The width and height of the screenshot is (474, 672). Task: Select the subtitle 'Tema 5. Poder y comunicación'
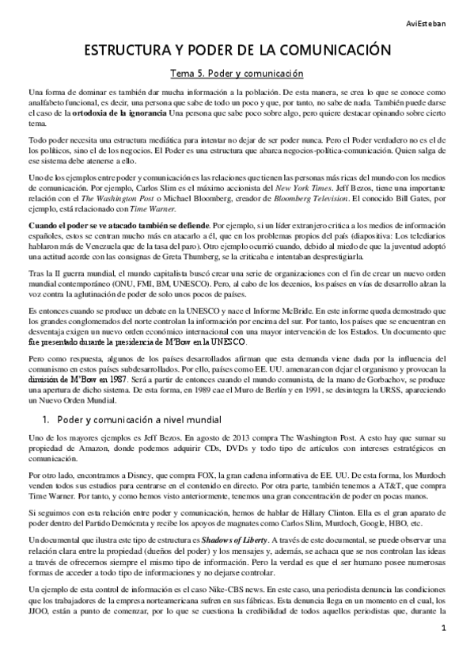(237, 74)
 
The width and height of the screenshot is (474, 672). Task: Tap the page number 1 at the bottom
(445, 651)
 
